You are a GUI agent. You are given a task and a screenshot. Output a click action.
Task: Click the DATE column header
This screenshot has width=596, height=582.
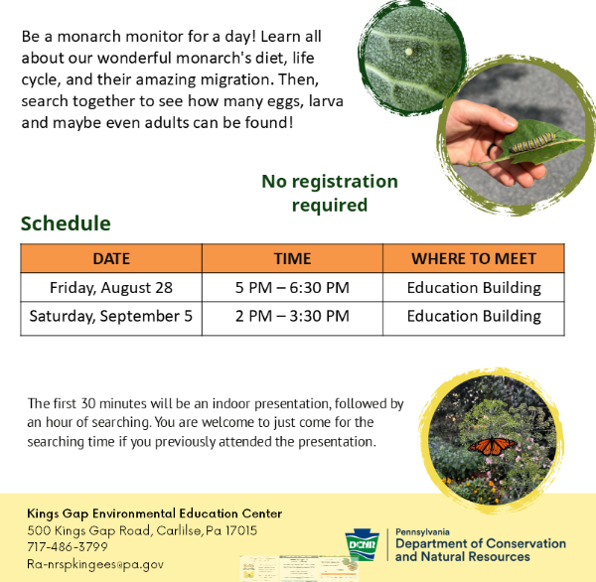pyautogui.click(x=111, y=258)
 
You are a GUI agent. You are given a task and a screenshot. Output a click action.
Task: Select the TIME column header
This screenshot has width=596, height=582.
pyautogui.click(x=292, y=258)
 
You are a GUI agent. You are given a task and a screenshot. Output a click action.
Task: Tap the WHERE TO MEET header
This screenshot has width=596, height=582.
pyautogui.click(x=474, y=258)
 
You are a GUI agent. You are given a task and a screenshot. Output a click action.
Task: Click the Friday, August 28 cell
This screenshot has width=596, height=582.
pyautogui.click(x=111, y=287)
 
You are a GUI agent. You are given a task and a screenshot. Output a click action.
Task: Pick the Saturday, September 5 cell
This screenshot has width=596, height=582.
pyautogui.click(x=111, y=316)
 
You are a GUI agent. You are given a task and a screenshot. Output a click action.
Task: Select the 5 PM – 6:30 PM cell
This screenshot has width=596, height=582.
pyautogui.click(x=292, y=287)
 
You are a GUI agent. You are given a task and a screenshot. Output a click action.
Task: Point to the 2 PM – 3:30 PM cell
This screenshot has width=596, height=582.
pyautogui.click(x=292, y=316)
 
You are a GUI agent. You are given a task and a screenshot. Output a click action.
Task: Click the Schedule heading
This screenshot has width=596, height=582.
pyautogui.click(x=66, y=223)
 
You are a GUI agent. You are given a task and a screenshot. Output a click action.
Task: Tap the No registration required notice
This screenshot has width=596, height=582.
pyautogui.click(x=330, y=193)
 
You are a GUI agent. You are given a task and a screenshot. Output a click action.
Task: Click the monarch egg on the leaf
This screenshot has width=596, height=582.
pyautogui.click(x=408, y=52)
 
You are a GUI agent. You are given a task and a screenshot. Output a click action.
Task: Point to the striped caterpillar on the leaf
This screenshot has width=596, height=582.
pyautogui.click(x=532, y=143)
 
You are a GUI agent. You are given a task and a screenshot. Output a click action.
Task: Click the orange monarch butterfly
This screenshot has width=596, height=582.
pyautogui.click(x=492, y=446)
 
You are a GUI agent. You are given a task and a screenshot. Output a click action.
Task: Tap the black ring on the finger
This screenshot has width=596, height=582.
pyautogui.click(x=492, y=151)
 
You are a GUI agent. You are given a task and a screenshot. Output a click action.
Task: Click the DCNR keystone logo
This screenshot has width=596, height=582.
pyautogui.click(x=362, y=544)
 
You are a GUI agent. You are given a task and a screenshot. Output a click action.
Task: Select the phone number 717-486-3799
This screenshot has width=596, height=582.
pyautogui.click(x=68, y=546)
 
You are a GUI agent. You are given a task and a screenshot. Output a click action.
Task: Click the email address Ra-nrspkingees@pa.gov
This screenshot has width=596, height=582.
pyautogui.click(x=95, y=564)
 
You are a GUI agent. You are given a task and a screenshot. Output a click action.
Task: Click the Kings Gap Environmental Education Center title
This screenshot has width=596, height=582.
pyautogui.click(x=154, y=513)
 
